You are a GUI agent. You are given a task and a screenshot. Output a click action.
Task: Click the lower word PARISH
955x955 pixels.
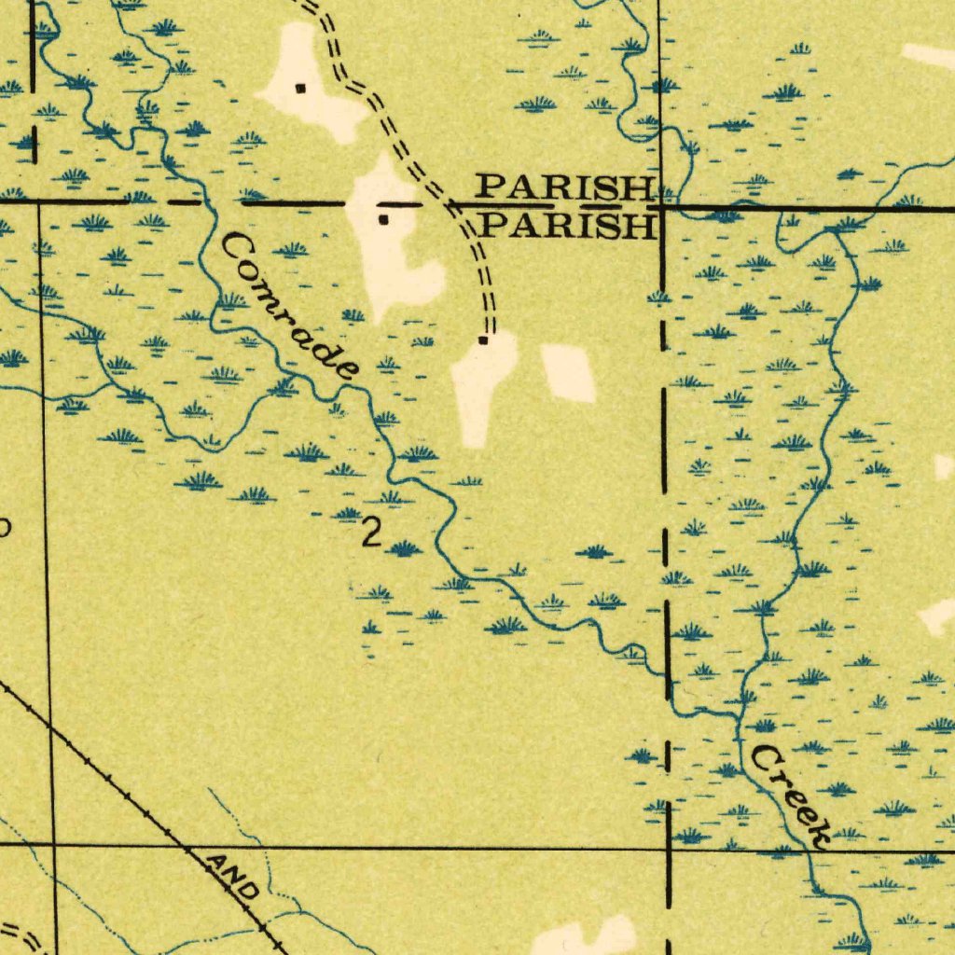tap(572, 226)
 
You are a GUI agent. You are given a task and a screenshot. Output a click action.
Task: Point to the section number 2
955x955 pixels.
tap(371, 533)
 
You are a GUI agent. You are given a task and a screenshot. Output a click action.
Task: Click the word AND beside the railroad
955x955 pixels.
tap(232, 877)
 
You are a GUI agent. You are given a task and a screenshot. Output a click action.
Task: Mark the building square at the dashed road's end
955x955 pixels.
tap(483, 340)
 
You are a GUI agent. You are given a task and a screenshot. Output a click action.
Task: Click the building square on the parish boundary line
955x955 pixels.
tap(382, 220)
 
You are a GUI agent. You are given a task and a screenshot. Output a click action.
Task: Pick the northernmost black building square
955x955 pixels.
tap(300, 89)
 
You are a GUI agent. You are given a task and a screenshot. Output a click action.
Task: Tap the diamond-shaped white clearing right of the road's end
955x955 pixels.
tap(568, 372)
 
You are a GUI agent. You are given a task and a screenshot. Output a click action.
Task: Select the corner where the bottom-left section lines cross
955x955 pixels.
tap(53, 845)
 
